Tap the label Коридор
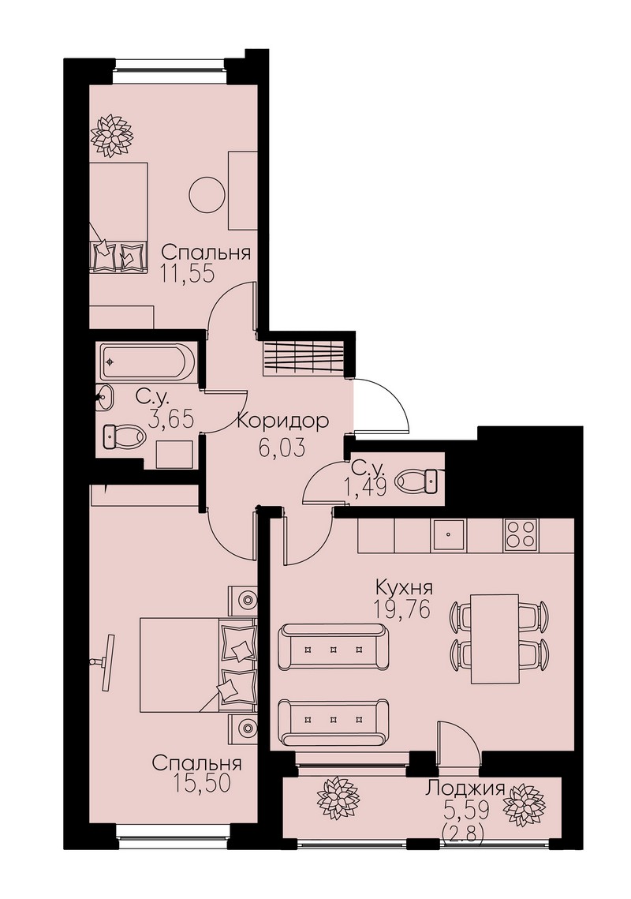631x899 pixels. coord(282,421)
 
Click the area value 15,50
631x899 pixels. coord(200,784)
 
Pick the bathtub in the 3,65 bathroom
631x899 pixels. coord(147,361)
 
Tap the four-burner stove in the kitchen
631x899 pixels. coord(521,534)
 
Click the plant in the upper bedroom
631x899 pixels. coord(111,135)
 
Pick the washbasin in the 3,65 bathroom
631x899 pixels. coord(104,397)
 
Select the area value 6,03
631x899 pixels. coord(281,447)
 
